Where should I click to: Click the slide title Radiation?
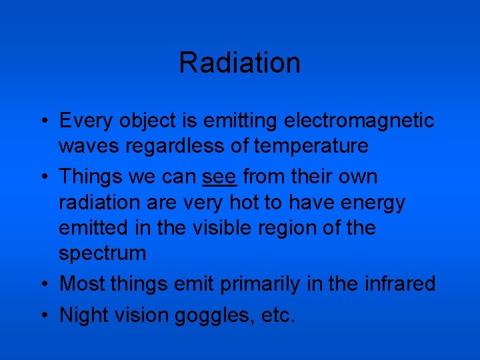coord(239,63)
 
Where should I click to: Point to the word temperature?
coord(314,145)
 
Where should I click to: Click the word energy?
coord(371,203)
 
